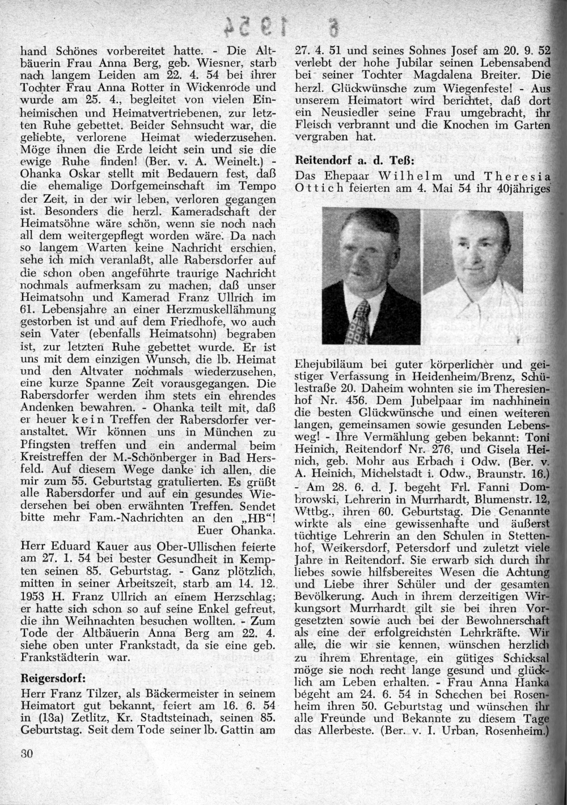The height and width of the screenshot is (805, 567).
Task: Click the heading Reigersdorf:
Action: pyautogui.click(x=53, y=679)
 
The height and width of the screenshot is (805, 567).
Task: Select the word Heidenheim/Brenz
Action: pyautogui.click(x=445, y=375)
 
